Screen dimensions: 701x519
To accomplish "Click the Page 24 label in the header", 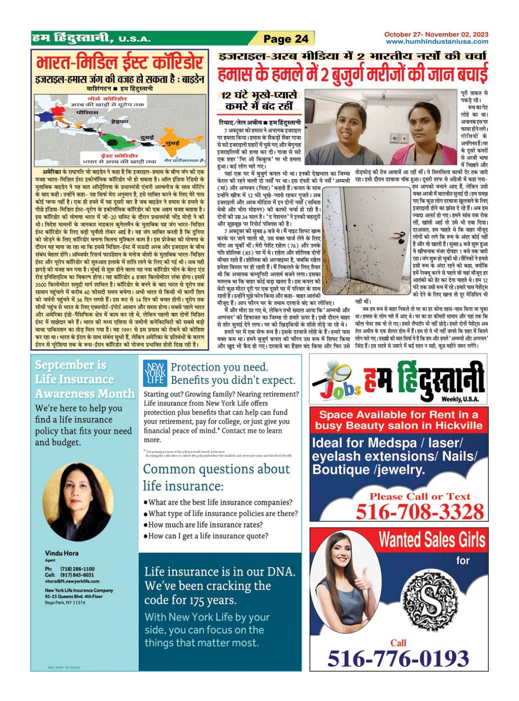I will tap(286, 39).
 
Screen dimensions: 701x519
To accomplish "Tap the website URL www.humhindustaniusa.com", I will tap(437, 42).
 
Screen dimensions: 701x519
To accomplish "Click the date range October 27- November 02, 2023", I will tap(436, 34).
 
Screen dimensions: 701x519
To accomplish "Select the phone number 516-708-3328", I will tap(419, 511).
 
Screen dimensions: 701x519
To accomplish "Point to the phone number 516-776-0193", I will tap(398, 658).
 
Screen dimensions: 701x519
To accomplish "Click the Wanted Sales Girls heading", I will tap(431, 540).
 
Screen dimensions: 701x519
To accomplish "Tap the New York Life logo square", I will tap(155, 374).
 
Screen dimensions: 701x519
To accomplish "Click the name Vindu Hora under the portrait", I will tap(62, 553).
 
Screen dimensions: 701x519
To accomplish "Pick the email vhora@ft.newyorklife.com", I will tap(72, 581).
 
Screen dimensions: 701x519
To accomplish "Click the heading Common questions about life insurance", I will tap(216, 477).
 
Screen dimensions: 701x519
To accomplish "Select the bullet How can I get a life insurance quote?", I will tap(208, 536).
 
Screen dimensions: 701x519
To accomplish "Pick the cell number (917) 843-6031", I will tap(77, 575).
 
